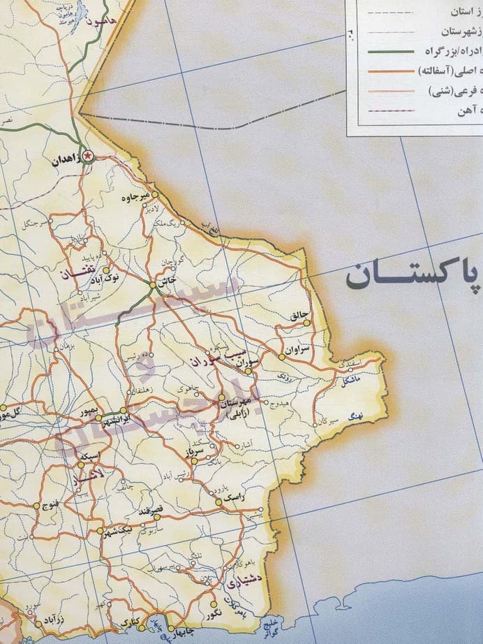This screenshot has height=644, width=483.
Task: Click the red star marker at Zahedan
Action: click(x=87, y=156)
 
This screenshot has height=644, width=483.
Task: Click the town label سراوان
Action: click(x=296, y=347)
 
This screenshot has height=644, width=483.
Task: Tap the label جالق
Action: click(x=298, y=316)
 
